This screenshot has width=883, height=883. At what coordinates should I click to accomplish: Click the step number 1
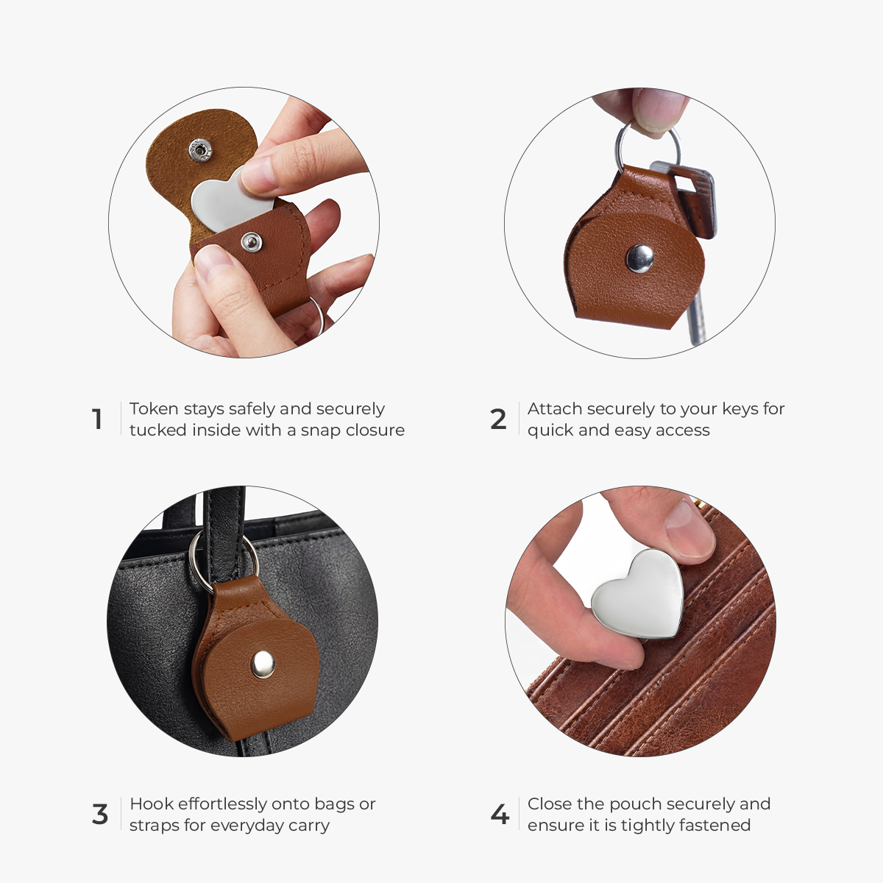coord(97,419)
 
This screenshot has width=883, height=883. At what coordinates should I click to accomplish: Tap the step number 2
coord(498,419)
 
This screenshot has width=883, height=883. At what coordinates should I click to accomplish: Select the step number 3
coord(100,815)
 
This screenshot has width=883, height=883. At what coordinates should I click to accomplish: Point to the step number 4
coord(500,815)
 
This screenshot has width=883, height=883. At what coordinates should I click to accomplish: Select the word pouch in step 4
coord(634,805)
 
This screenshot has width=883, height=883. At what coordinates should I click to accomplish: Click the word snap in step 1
coord(321,431)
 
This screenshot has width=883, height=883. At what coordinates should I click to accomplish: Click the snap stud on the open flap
coord(200,150)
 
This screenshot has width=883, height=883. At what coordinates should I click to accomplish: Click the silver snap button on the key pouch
coord(639,258)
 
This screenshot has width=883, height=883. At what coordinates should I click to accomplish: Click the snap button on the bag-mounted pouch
coord(263,664)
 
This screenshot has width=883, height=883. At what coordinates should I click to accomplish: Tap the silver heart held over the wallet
coord(638,594)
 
